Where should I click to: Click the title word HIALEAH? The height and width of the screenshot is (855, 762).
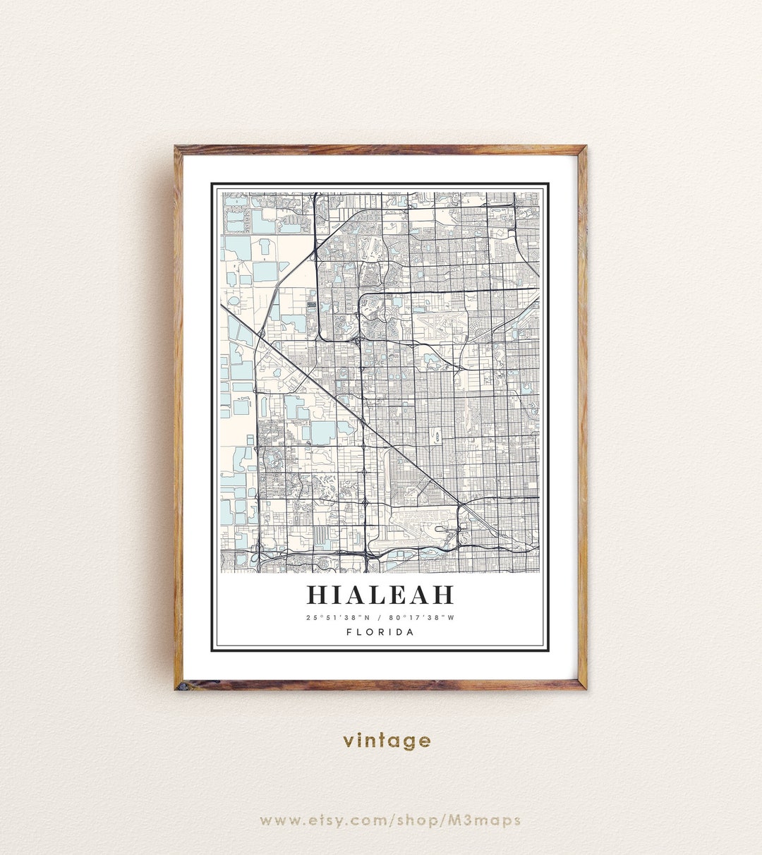380,595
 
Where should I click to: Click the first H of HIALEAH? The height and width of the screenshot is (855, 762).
318,595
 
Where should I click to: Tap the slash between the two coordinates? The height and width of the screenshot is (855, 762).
380,618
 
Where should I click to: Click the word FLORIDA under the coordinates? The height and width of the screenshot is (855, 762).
380,632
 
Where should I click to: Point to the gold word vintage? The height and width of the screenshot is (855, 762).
387,740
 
